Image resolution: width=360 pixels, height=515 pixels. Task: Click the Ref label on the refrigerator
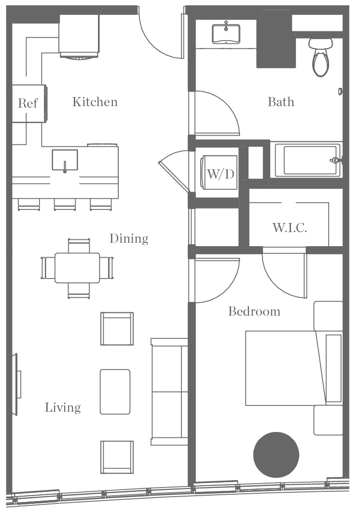(x=28, y=103)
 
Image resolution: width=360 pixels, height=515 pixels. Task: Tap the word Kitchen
(x=95, y=102)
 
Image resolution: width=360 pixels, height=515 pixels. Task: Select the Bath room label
(x=280, y=102)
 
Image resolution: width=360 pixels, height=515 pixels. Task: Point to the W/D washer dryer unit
(x=221, y=174)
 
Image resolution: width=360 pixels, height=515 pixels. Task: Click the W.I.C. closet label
(x=289, y=228)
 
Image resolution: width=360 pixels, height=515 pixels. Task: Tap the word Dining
(x=128, y=238)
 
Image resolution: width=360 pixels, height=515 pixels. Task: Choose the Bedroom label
(x=254, y=311)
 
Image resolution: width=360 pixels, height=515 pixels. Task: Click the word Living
(x=63, y=407)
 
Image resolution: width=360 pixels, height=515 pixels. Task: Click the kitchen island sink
(x=65, y=160)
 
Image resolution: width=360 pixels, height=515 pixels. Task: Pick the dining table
(x=77, y=268)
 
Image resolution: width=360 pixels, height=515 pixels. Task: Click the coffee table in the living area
(x=115, y=391)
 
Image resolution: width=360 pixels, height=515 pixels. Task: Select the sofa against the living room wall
(x=169, y=391)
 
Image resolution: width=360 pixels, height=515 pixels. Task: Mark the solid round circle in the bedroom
(x=276, y=455)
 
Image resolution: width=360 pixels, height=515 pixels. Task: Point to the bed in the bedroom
(x=285, y=368)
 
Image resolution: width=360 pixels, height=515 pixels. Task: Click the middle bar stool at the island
(x=65, y=204)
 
